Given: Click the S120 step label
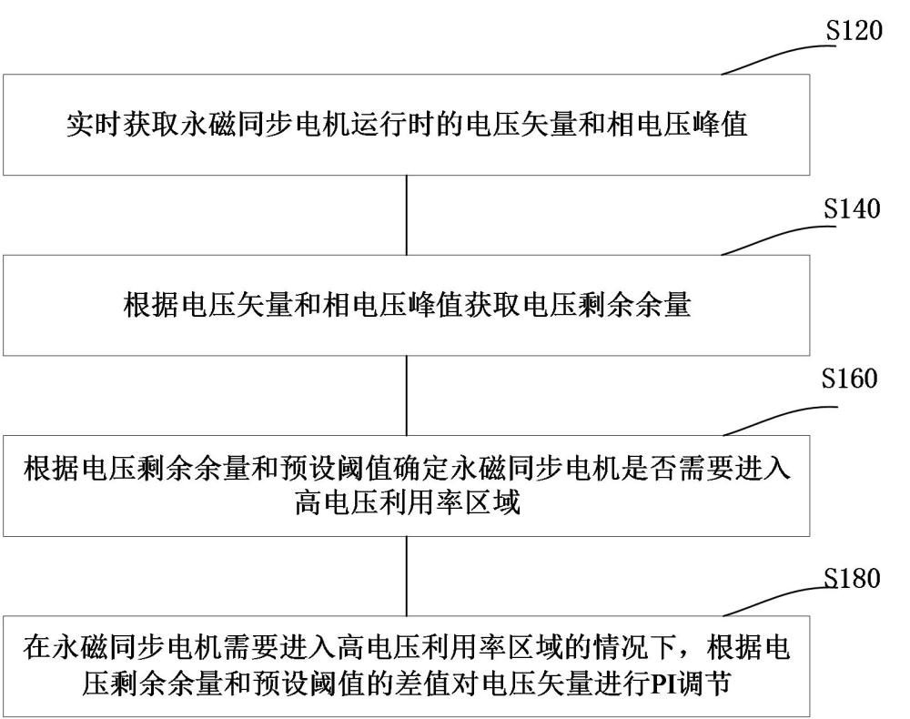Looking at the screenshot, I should click(853, 31).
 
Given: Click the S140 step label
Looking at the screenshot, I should click(853, 210).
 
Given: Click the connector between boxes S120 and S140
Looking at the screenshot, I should click(406, 215).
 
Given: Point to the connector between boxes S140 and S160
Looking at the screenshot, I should click(406, 395).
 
